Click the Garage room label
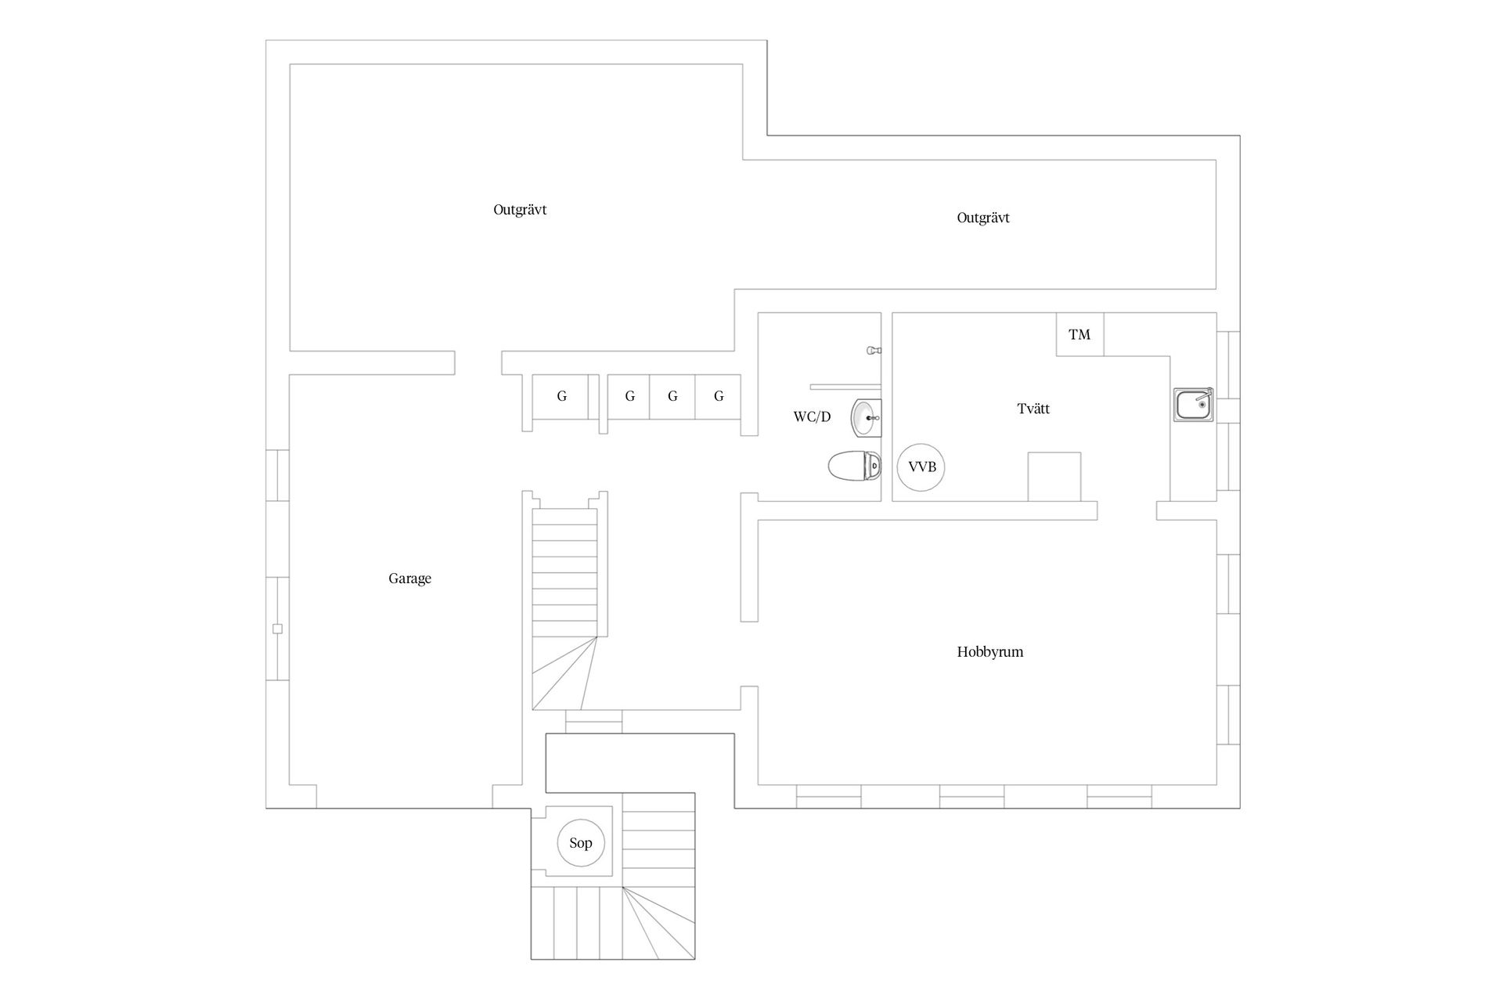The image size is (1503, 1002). [409, 578]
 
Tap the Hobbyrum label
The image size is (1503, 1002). [989, 651]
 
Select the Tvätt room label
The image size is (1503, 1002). [1033, 408]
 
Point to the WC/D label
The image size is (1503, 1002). [812, 416]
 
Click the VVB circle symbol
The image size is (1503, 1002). [921, 467]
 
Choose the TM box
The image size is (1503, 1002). [1079, 334]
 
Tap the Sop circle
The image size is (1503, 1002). [581, 843]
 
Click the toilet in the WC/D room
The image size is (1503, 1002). [854, 466]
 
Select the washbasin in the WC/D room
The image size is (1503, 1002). [866, 418]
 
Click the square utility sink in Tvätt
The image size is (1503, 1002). [1194, 405]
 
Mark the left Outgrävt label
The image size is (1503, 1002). [520, 210]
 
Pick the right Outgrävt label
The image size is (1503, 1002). [983, 218]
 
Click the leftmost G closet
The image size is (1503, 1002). [560, 396]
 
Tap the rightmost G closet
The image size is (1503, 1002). [718, 396]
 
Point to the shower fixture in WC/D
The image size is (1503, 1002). [874, 351]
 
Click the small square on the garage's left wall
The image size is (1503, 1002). [277, 629]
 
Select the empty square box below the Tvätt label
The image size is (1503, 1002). [1054, 477]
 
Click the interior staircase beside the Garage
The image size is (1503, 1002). [564, 609]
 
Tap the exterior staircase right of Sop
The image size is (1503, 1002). [658, 876]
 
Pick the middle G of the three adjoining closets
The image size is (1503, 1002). [672, 396]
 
